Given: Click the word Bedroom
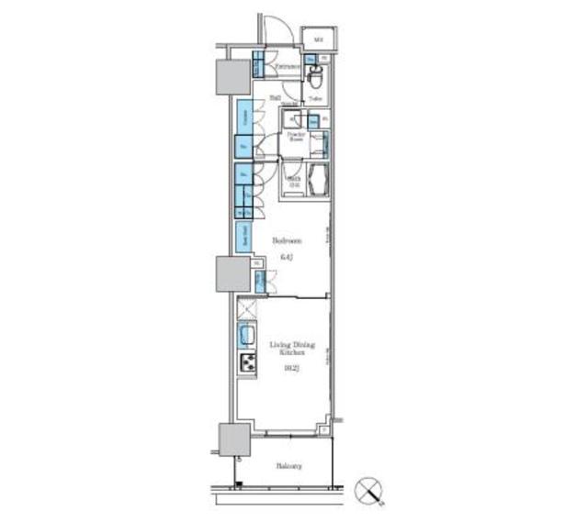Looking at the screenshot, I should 286,240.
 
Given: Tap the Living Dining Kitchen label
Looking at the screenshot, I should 292,349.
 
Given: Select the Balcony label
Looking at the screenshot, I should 290,466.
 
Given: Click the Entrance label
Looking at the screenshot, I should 290,66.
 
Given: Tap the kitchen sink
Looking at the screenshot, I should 247,334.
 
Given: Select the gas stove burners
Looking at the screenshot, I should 247,363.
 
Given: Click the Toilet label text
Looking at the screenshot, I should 315,97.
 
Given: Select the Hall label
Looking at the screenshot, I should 275,98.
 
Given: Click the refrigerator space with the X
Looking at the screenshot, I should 247,308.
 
